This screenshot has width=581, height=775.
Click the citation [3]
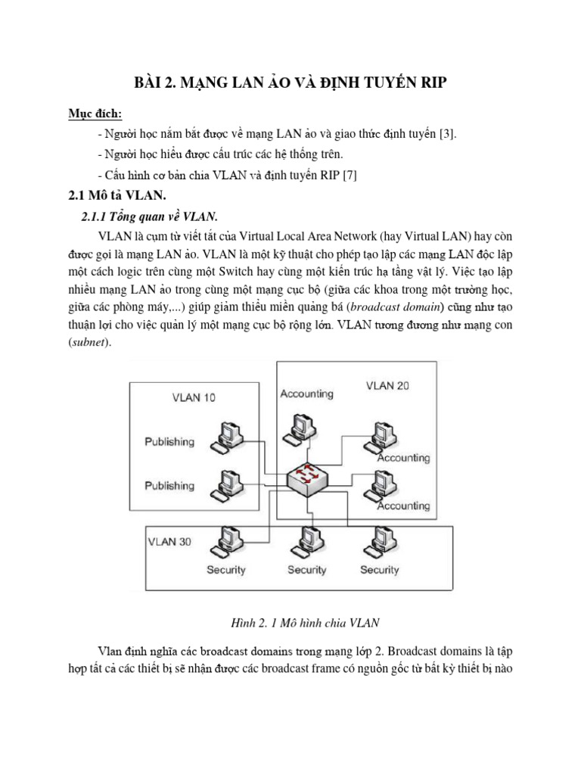(x=447, y=134)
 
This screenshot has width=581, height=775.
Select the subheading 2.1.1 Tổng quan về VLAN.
(x=148, y=216)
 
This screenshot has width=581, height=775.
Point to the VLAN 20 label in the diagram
(x=388, y=385)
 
